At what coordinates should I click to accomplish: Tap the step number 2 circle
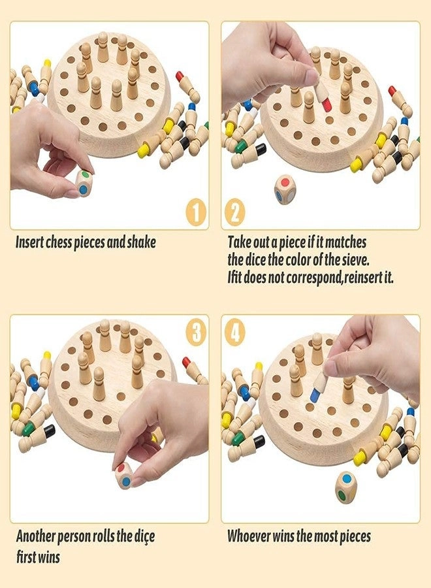tap(236, 212)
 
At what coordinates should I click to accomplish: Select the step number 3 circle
tap(196, 333)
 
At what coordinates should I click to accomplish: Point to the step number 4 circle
tap(236, 333)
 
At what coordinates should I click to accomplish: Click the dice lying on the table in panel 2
tap(285, 189)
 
